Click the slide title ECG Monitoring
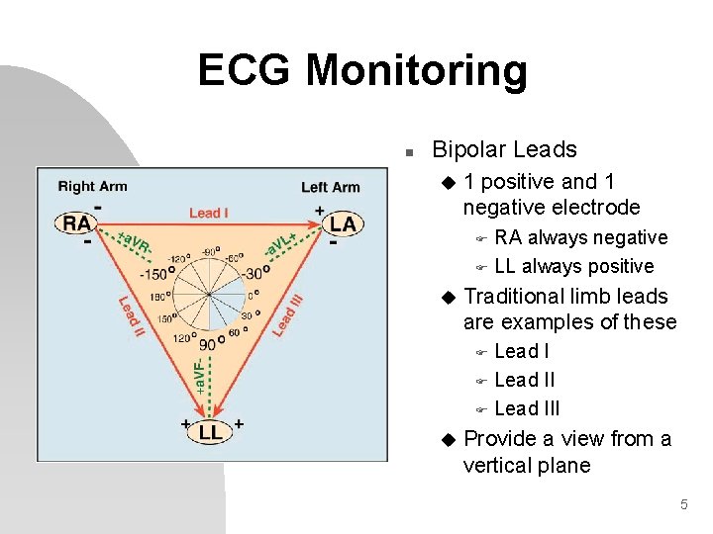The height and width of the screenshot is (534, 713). (362, 71)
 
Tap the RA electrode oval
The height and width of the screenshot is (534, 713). (77, 223)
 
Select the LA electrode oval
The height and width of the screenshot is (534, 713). (343, 223)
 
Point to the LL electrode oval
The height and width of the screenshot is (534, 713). (210, 432)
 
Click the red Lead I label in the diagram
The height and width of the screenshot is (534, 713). (209, 213)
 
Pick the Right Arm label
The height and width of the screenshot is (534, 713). (92, 186)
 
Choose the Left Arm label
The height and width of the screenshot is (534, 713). (330, 187)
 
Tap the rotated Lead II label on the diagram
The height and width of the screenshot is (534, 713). (130, 315)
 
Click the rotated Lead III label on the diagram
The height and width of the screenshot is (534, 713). (287, 310)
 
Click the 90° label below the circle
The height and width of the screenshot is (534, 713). (208, 345)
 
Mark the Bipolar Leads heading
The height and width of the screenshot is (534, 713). (504, 150)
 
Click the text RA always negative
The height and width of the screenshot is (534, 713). (580, 237)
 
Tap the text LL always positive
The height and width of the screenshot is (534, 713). (573, 266)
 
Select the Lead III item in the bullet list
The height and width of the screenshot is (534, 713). (527, 408)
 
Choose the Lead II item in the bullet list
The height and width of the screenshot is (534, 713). (524, 380)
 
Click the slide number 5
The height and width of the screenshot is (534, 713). (683, 505)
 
